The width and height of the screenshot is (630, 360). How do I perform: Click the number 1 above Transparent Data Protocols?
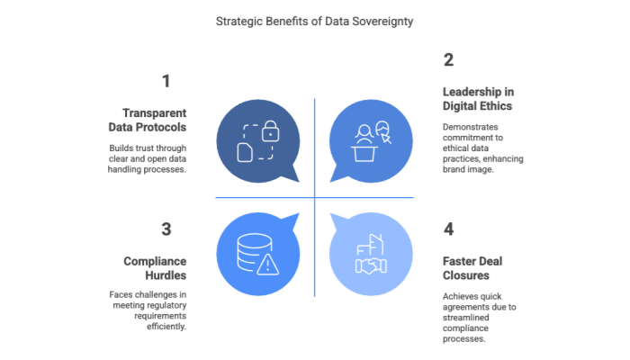click(166, 82)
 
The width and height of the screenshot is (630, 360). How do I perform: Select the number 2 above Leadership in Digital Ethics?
click(448, 61)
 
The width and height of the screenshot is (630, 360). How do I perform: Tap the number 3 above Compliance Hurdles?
click(166, 229)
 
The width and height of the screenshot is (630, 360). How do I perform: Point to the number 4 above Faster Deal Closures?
click(448, 229)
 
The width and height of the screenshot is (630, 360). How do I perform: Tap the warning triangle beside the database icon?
click(267, 265)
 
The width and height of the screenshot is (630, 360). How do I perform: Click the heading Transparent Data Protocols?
click(154, 120)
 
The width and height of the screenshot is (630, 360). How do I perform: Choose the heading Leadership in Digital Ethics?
click(478, 99)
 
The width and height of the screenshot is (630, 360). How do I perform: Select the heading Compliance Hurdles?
click(154, 267)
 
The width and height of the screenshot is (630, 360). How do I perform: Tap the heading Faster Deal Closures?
click(472, 267)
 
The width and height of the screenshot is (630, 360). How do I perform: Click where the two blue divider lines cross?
click(315, 198)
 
